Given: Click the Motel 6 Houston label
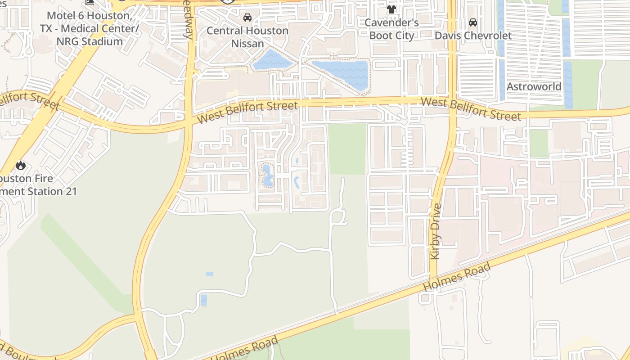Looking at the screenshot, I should pyautogui.click(x=89, y=28).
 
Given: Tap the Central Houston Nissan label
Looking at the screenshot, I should pyautogui.click(x=247, y=37).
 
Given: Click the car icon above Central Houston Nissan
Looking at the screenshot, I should pyautogui.click(x=247, y=18).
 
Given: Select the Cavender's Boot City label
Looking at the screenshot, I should pyautogui.click(x=391, y=29).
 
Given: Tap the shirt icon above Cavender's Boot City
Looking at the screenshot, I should pyautogui.click(x=391, y=9).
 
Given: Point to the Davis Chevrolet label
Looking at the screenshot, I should pyautogui.click(x=473, y=36).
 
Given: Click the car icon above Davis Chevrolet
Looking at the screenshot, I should pyautogui.click(x=473, y=22).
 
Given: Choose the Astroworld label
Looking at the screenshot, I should pyautogui.click(x=534, y=86).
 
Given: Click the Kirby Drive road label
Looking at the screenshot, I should pyautogui.click(x=436, y=231).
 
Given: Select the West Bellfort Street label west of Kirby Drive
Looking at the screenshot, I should pyautogui.click(x=247, y=112).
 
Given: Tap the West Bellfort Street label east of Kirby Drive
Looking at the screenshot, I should pyautogui.click(x=471, y=108).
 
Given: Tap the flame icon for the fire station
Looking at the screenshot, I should pyautogui.click(x=20, y=166).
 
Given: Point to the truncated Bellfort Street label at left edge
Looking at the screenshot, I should pyautogui.click(x=29, y=100).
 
